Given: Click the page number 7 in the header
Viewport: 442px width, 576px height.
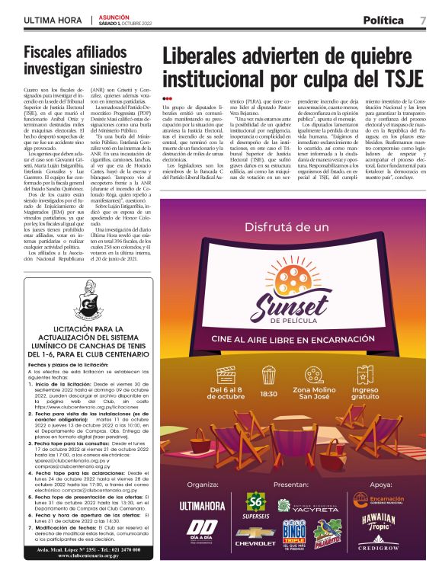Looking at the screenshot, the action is coord(423,20).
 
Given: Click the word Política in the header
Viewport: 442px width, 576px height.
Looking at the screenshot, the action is coord(383,20).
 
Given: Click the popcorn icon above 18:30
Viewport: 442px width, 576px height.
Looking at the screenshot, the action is coord(269,374).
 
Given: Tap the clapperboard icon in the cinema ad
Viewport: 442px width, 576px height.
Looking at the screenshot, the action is coord(226,375).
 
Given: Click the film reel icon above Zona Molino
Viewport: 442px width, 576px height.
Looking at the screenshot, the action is coord(319,374).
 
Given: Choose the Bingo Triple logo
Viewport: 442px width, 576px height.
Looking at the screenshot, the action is coord(294,530).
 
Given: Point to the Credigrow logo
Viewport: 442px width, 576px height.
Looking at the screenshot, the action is coord(380,547).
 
